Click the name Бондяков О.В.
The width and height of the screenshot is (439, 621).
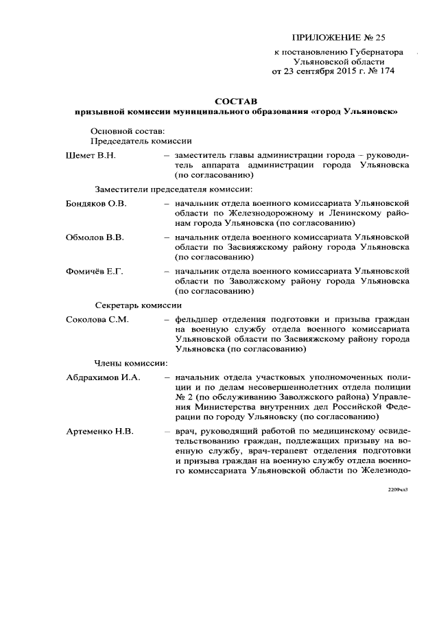[x=96, y=204]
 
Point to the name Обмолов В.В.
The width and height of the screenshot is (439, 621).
[x=95, y=237]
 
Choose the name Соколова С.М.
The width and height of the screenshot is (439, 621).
[x=97, y=319]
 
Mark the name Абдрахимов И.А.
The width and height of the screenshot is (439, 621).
[x=103, y=377]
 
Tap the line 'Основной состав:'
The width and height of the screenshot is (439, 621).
[x=127, y=130]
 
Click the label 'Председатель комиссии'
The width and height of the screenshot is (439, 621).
[x=141, y=141]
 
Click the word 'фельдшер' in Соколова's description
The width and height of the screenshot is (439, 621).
[x=196, y=319]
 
